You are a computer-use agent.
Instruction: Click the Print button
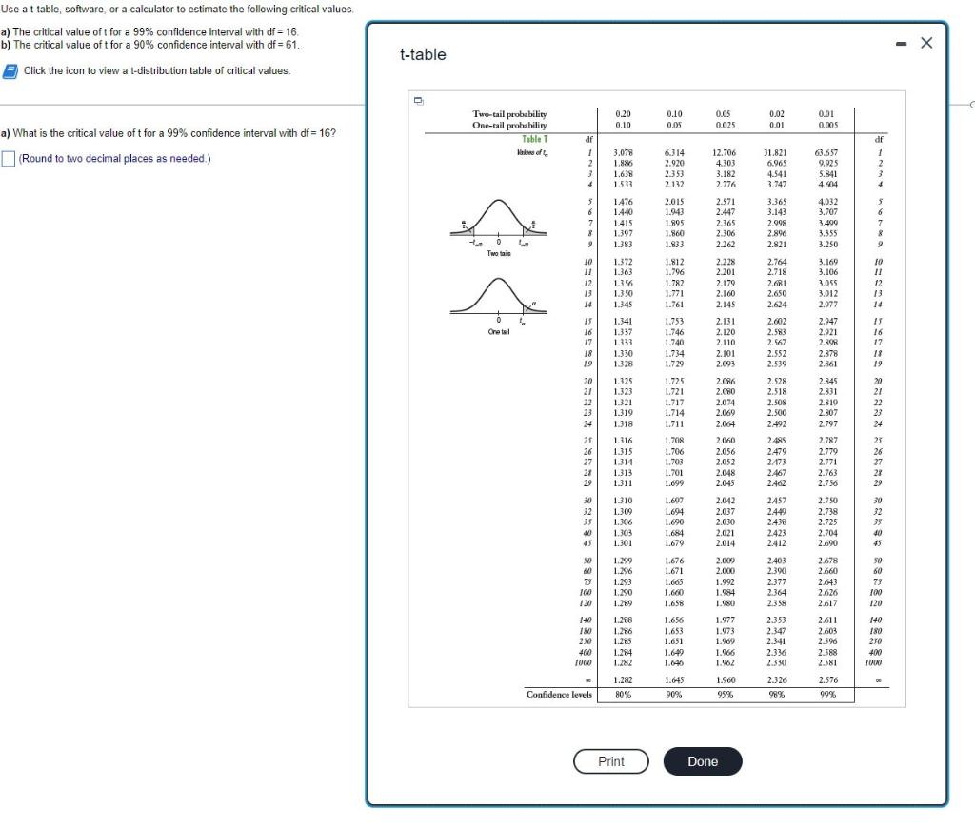pos(610,761)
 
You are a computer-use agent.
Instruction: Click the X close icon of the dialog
pos(927,44)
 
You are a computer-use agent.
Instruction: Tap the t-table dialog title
pos(423,54)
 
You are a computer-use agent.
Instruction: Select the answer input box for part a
pos(9,158)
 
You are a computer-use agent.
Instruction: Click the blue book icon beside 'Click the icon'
pos(10,70)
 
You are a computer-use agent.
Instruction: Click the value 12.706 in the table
pos(725,152)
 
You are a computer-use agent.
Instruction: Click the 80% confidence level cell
pos(623,694)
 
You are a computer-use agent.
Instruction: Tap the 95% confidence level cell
pos(724,694)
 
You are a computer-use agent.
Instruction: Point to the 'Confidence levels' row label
pos(559,694)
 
